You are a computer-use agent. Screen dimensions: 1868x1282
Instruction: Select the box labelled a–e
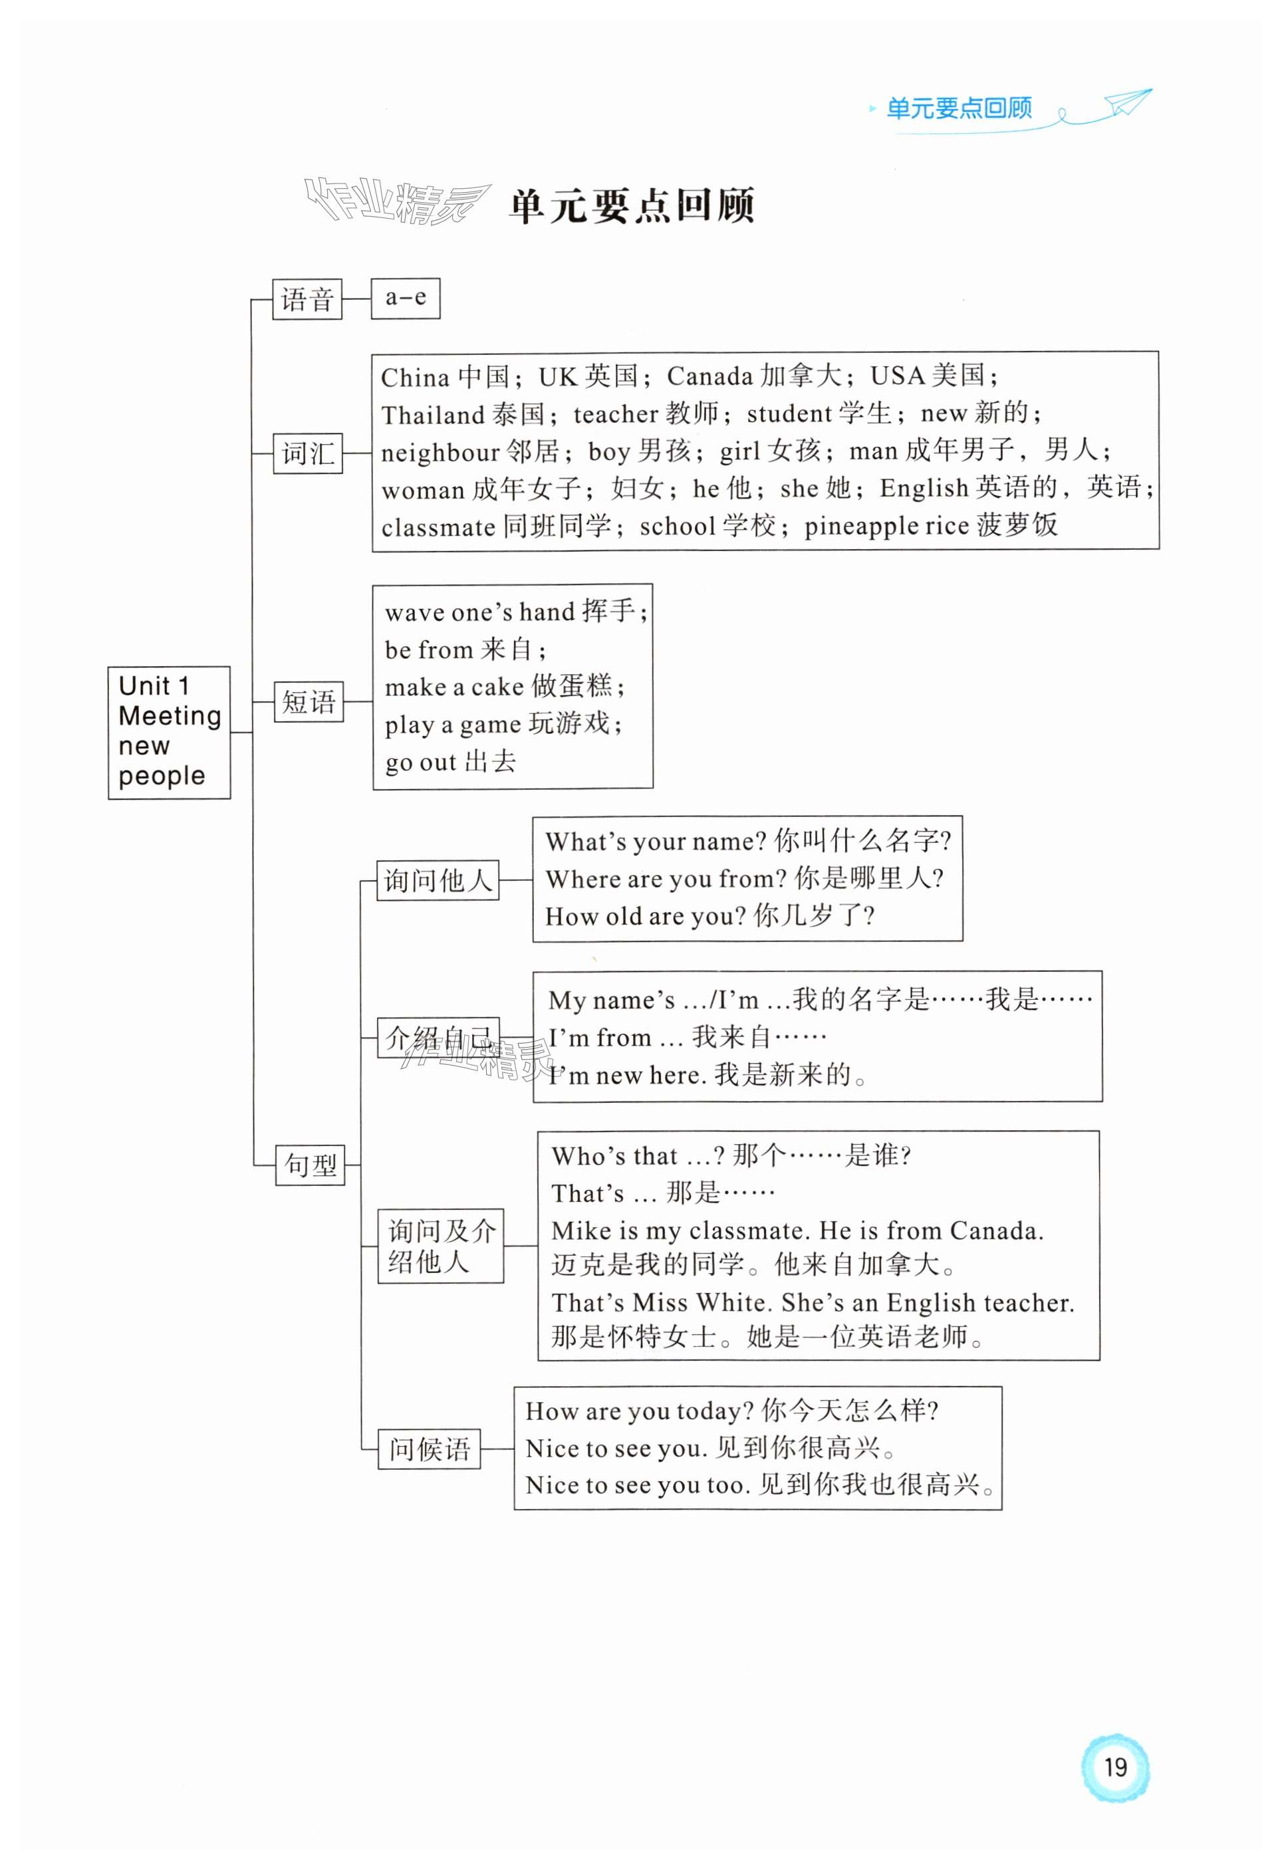(x=405, y=298)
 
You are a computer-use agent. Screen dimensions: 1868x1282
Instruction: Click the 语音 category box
(x=307, y=300)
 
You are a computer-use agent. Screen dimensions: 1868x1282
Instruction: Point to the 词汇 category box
(x=308, y=453)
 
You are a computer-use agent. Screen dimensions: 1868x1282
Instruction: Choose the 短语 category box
(x=309, y=703)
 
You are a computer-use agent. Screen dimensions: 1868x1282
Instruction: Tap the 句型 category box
(x=311, y=1165)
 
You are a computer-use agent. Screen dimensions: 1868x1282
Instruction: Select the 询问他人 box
(x=438, y=880)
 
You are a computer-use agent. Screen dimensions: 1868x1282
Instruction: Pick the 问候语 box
(x=429, y=1449)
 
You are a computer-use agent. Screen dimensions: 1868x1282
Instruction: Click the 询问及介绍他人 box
(x=440, y=1245)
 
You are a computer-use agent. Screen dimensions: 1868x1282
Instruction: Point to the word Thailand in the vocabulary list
(x=432, y=415)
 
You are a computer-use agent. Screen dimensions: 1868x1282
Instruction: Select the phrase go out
(x=420, y=762)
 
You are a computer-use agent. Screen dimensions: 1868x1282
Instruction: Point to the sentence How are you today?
(x=639, y=1411)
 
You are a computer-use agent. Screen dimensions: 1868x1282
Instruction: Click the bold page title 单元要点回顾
(x=632, y=206)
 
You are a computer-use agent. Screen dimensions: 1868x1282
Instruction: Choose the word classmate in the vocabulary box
(x=438, y=528)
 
